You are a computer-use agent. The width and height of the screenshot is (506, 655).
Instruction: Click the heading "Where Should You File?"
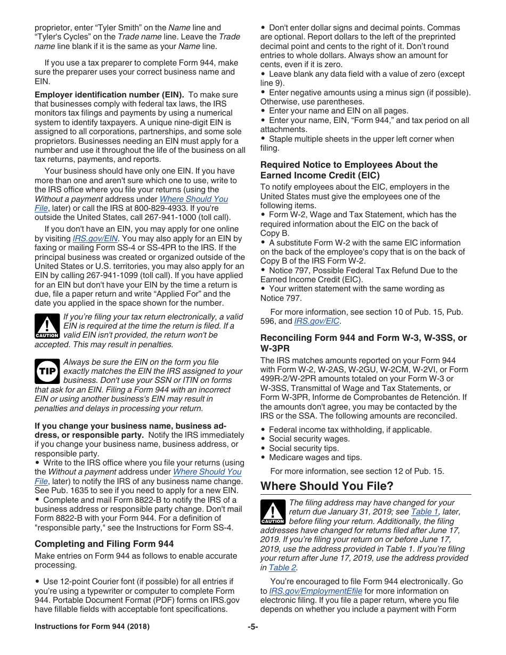[x=327, y=486]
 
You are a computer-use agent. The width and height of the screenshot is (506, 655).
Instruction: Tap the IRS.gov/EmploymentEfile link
[x=315, y=591]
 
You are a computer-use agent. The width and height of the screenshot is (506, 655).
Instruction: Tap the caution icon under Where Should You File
[x=273, y=512]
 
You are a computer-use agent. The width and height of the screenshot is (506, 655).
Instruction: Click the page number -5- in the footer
[x=252, y=627]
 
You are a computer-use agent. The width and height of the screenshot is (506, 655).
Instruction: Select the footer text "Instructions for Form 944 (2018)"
[x=92, y=627]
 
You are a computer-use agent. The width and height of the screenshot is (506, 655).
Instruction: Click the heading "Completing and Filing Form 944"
[x=104, y=544]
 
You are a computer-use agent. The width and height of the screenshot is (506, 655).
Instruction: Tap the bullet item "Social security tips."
[x=304, y=448]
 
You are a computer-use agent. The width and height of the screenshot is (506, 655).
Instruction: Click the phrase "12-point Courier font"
[x=101, y=582]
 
